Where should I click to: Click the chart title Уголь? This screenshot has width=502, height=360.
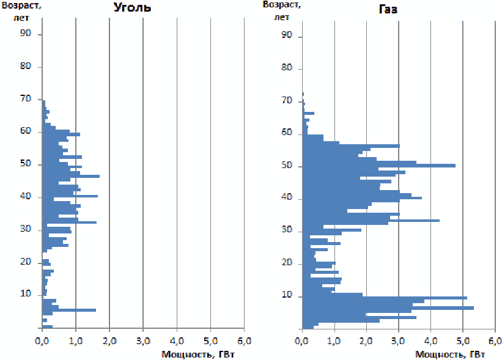pos(132,8)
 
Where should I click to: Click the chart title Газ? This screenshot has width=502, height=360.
pos(388,9)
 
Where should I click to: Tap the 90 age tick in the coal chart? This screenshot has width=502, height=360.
pos(26,33)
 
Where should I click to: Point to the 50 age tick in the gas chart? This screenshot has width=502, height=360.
pos(287,165)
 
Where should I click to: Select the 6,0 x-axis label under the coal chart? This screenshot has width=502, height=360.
pos(245,341)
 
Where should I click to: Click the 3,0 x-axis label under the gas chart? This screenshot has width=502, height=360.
pos(398,341)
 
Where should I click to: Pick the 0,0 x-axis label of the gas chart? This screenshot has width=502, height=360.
pos(301,341)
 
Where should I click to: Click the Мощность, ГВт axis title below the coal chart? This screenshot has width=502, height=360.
pos(198,354)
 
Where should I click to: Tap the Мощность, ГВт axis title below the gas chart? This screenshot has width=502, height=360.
pos(450,354)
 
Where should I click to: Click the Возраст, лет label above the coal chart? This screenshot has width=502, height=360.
pos(21,12)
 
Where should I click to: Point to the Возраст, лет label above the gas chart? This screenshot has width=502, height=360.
pos(282,11)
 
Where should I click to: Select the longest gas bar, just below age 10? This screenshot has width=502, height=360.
pos(388,308)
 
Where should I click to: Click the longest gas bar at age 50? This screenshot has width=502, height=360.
pos(379,166)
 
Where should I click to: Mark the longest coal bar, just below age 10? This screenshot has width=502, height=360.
pos(69,310)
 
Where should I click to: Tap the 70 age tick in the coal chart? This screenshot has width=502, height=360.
pos(26,98)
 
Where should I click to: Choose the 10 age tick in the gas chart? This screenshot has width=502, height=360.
pos(287,295)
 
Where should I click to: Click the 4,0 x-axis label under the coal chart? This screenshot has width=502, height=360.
pos(177,341)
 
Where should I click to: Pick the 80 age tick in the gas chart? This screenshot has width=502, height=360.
pos(287,67)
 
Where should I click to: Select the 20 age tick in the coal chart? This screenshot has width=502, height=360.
pos(26,262)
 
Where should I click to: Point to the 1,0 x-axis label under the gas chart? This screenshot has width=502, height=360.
pos(334,341)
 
